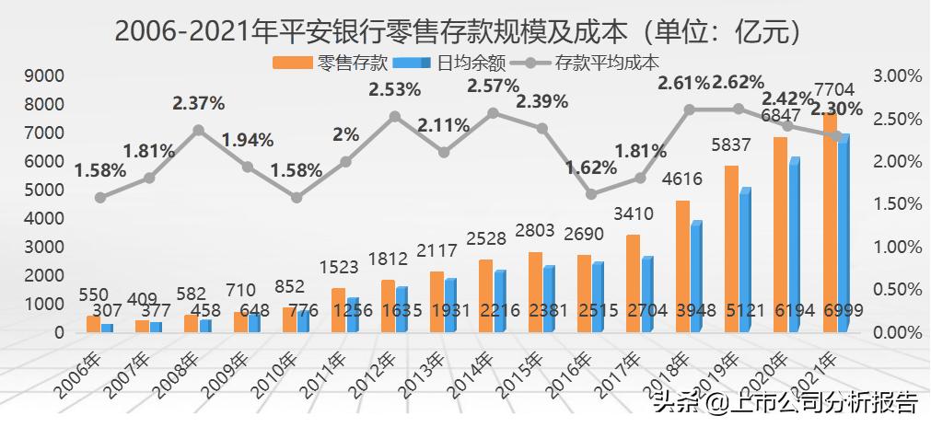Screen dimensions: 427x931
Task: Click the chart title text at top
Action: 464,30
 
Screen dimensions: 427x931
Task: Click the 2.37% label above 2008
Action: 198,102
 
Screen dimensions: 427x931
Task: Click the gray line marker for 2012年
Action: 395,117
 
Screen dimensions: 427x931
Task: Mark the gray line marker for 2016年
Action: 591,194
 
